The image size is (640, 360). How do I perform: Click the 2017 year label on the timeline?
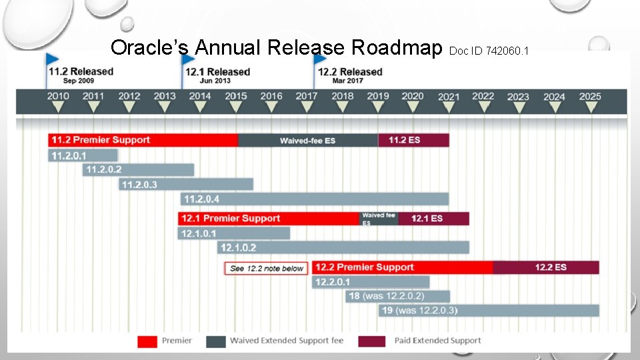(307, 96)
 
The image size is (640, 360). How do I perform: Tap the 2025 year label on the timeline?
(590, 97)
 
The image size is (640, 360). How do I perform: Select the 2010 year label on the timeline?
(58, 96)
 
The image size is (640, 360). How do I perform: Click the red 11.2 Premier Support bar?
(143, 140)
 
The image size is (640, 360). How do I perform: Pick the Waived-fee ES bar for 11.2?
(307, 141)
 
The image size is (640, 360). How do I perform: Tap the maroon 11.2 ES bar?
(413, 140)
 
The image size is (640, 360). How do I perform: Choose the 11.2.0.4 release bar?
(315, 199)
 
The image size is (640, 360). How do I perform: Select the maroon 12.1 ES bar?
(433, 219)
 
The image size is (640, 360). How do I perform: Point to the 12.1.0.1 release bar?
(234, 233)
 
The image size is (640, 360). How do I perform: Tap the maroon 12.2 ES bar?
(546, 267)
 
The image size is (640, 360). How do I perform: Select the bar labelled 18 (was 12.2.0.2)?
(398, 296)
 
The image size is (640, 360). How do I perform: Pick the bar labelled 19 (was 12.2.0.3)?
(489, 311)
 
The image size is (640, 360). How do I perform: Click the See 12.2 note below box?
(267, 269)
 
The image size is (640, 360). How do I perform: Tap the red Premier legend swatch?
(147, 341)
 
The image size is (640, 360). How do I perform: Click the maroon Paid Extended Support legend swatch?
(372, 341)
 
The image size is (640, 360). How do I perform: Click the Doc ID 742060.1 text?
(489, 51)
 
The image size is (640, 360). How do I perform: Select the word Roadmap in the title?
(397, 47)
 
